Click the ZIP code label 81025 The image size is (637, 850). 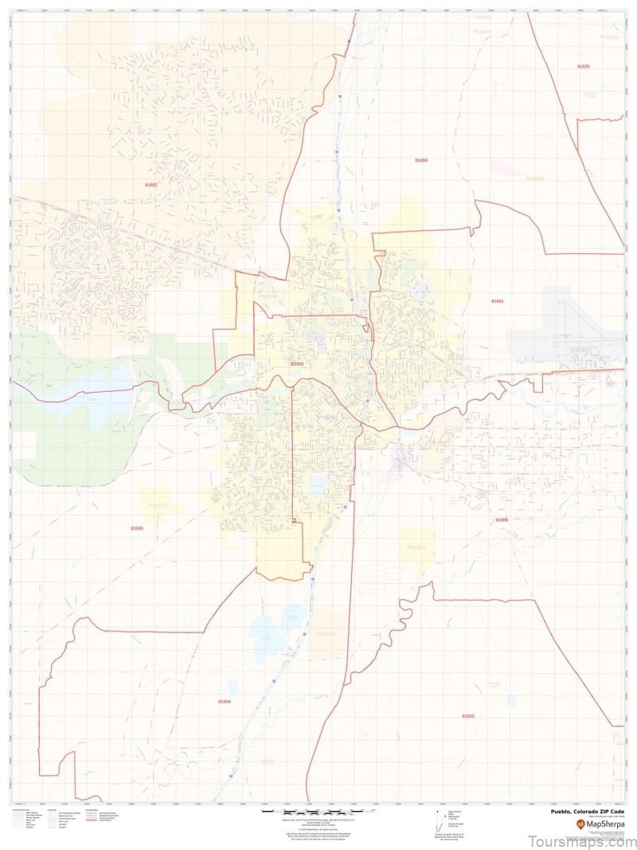tap(584, 67)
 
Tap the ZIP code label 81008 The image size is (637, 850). tap(421, 160)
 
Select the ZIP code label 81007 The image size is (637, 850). tap(151, 184)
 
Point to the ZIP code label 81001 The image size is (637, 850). tap(498, 301)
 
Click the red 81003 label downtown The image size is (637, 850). tap(297, 364)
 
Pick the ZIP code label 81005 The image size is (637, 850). tap(137, 528)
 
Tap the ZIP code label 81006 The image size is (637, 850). tap(501, 520)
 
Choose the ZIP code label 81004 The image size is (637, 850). tap(225, 701)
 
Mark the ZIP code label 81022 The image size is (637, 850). tap(468, 716)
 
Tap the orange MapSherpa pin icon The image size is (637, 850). tap(580, 824)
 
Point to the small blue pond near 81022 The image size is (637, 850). tap(510, 700)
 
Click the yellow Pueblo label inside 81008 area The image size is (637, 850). tap(534, 179)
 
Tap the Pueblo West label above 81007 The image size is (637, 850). tap(162, 163)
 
